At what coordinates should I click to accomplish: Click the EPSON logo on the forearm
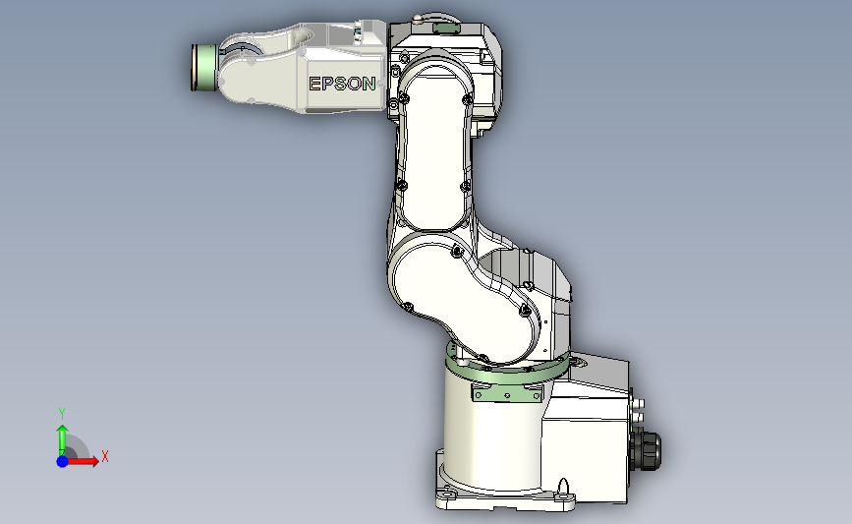click(342, 84)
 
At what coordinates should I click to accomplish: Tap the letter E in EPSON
click(314, 84)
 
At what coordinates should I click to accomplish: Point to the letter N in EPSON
click(369, 84)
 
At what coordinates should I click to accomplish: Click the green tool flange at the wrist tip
click(204, 68)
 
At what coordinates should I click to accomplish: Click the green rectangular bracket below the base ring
click(507, 392)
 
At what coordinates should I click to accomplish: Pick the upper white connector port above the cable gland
click(639, 404)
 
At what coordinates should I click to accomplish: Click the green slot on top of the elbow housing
click(445, 28)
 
